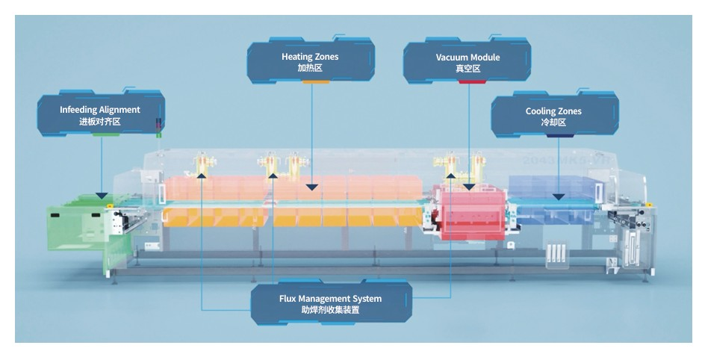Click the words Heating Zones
pos(309,57)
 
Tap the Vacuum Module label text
pos(468,57)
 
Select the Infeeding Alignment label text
pos(99,110)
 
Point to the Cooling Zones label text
pos(553,111)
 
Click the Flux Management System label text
pos(330,299)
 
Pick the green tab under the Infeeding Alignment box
pos(106,134)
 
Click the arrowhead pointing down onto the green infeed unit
pos(102,193)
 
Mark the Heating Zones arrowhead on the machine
pos(311,186)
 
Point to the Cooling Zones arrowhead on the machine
pos(557,196)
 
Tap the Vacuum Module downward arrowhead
pos(469,187)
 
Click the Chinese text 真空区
pos(468,69)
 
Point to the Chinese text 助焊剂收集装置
pos(330,310)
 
